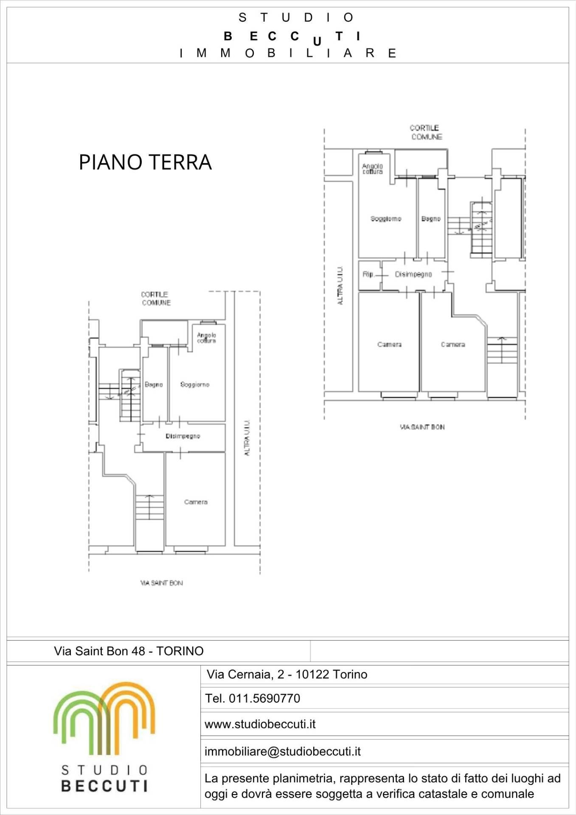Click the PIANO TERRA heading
(x=145, y=162)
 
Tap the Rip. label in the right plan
(x=368, y=275)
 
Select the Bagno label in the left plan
(x=154, y=385)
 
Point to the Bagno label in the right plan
(x=431, y=219)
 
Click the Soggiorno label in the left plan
(x=195, y=385)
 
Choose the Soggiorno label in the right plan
(x=386, y=219)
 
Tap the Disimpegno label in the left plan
(x=183, y=436)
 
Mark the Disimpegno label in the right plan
(x=413, y=275)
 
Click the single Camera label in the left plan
(x=196, y=502)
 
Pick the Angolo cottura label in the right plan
(x=372, y=169)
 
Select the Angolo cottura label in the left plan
(x=206, y=338)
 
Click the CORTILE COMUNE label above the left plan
(x=156, y=298)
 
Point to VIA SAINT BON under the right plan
(x=422, y=427)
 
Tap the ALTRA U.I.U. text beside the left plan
(x=247, y=438)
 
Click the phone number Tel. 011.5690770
(x=253, y=698)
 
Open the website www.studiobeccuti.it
(x=260, y=724)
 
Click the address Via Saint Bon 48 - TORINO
(x=129, y=651)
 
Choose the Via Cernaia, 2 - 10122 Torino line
(x=287, y=674)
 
